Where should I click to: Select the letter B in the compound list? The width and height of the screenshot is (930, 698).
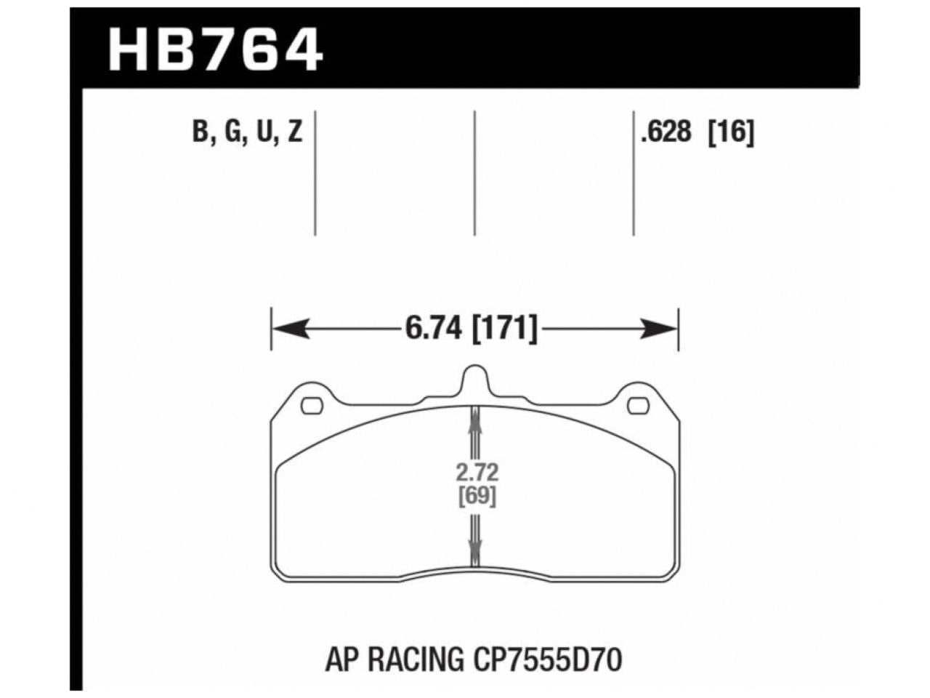(198, 132)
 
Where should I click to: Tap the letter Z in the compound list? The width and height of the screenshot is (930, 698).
(294, 132)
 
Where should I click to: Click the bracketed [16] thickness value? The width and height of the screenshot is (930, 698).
(732, 132)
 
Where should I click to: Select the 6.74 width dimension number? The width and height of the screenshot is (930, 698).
(434, 329)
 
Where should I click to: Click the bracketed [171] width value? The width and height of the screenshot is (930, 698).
(506, 329)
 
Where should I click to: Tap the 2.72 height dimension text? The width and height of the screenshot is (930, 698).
(477, 473)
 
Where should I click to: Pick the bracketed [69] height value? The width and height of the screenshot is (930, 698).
(477, 497)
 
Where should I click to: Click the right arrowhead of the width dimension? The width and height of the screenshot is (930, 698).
(660, 329)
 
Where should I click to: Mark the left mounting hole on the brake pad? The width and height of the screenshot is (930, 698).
(312, 406)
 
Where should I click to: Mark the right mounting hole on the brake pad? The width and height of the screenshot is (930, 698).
(638, 406)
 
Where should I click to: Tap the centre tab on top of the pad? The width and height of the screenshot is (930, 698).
(475, 380)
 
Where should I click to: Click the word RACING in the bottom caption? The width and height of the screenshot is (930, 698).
(418, 660)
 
